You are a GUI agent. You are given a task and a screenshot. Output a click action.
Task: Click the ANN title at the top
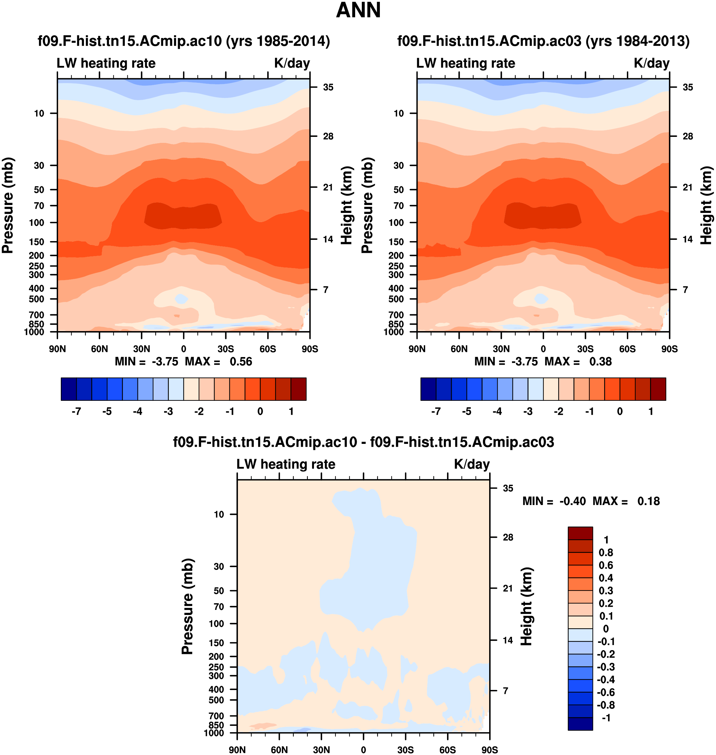pyautogui.click(x=358, y=10)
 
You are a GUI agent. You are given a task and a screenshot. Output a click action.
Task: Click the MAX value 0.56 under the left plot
pyautogui.click(x=241, y=362)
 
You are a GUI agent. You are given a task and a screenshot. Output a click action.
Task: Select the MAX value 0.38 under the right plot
pyautogui.click(x=600, y=362)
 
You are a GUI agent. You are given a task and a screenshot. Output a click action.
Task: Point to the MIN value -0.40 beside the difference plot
pyautogui.click(x=572, y=501)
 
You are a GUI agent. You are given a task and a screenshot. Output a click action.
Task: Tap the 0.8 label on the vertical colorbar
pyautogui.click(x=606, y=552)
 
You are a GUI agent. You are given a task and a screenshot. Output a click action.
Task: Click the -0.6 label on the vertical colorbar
pyautogui.click(x=606, y=692)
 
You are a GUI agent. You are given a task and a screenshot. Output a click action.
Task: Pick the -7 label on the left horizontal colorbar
pyautogui.click(x=76, y=412)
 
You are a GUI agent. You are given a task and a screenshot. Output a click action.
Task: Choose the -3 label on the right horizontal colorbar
pyautogui.click(x=528, y=412)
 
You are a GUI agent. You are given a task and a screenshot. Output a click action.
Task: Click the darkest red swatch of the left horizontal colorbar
pyautogui.click(x=298, y=389)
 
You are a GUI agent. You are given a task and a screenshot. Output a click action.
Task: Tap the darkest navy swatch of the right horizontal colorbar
pyautogui.click(x=428, y=389)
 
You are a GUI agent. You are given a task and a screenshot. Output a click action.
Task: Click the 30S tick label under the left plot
pyautogui.click(x=226, y=349)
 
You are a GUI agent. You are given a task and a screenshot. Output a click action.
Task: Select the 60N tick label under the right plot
pyautogui.click(x=459, y=349)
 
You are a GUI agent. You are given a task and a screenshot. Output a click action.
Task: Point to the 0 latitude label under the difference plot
pyautogui.click(x=363, y=750)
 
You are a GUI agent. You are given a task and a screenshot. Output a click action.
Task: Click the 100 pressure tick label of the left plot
pyautogui.click(x=37, y=222)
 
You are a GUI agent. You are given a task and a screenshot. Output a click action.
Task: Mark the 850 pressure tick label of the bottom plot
pyautogui.click(x=216, y=725)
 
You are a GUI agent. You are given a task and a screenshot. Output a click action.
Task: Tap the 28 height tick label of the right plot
pyautogui.click(x=688, y=136)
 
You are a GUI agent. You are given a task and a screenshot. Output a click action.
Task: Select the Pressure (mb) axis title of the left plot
pyautogui.click(x=8, y=205)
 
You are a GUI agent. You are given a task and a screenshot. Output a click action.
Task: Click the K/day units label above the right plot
pyautogui.click(x=651, y=63)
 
